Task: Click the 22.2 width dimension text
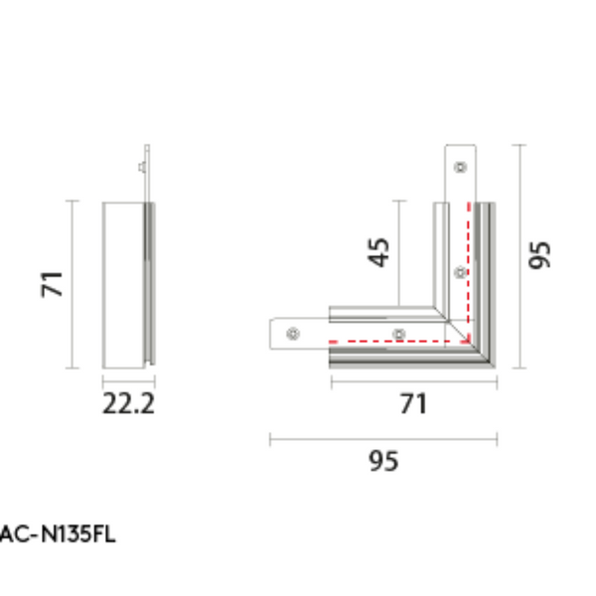click(x=128, y=403)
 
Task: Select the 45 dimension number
click(x=379, y=252)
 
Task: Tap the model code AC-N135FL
click(x=58, y=534)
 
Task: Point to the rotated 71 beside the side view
click(x=52, y=284)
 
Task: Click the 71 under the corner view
click(x=413, y=403)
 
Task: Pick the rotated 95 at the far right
click(x=539, y=255)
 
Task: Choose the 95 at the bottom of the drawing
click(x=383, y=461)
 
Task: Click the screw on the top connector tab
click(x=461, y=167)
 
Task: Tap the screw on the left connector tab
click(x=293, y=334)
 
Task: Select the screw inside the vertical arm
click(x=461, y=272)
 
